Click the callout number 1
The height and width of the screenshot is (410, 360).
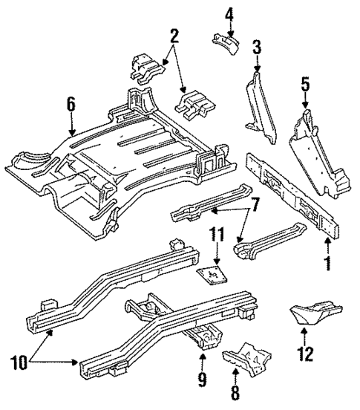click(327, 263)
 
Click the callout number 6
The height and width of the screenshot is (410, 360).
click(71, 104)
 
